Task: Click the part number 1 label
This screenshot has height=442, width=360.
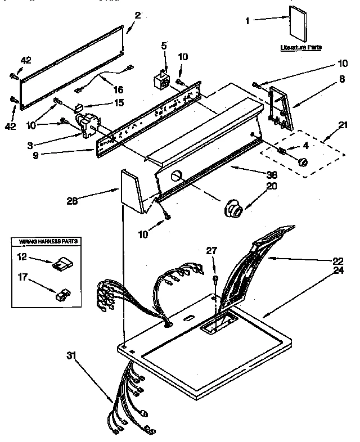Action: pos(248,21)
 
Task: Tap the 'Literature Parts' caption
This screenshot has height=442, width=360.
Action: pos(301,49)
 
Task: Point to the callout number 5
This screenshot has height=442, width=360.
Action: pos(165,47)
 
